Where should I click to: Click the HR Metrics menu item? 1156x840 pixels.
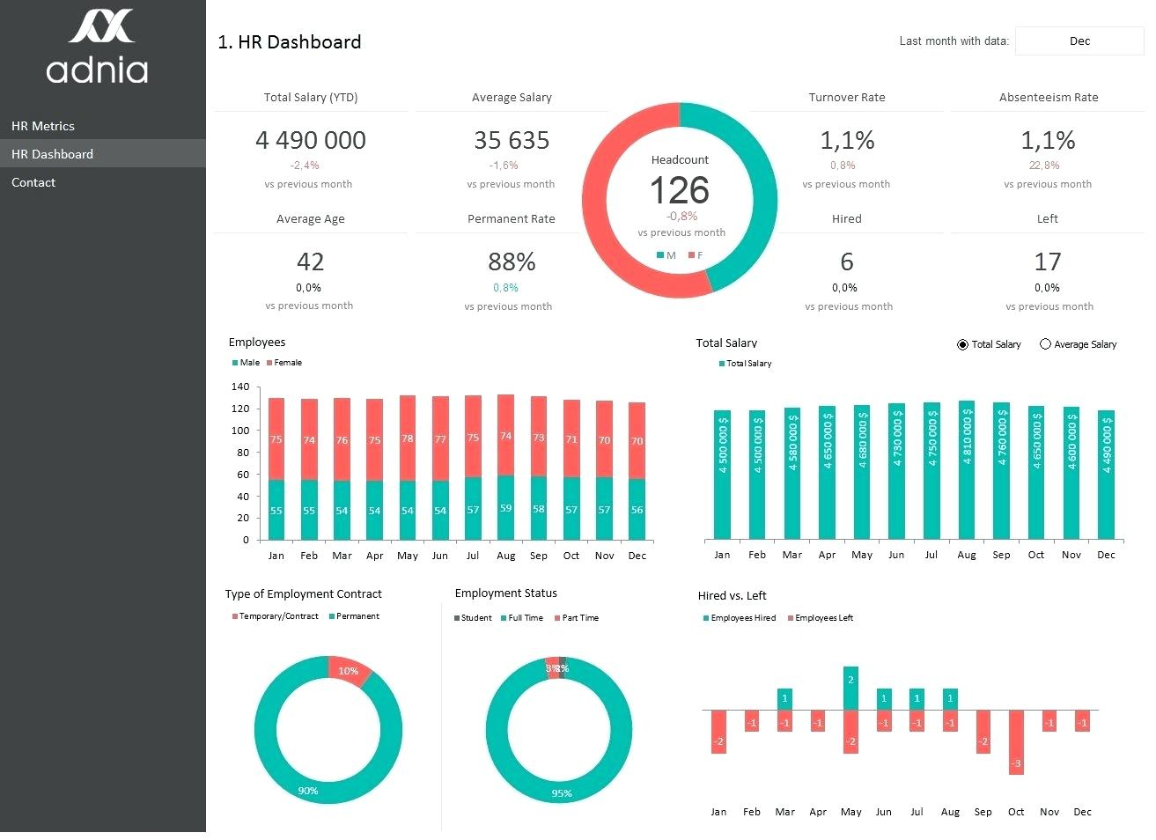coord(42,126)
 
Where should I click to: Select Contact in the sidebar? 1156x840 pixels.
coord(33,182)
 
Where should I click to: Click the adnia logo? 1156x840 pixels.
coord(98,48)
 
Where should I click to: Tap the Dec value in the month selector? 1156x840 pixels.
coord(1079,41)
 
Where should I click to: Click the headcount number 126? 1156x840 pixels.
coord(679,190)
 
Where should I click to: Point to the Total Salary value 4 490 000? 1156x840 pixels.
coord(310,140)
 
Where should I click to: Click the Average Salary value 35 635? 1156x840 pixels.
coord(512,140)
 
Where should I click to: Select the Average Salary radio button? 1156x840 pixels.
coord(1046,344)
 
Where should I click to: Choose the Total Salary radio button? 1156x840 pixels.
coord(962,344)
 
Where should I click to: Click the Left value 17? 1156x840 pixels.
coord(1047,262)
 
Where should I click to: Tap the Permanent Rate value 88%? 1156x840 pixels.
coord(512,262)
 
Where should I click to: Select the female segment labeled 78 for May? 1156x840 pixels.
coord(408,438)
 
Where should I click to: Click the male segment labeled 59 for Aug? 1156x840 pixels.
coord(505,508)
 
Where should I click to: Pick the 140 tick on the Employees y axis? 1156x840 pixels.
coord(240,387)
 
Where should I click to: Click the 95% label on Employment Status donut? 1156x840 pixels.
coord(562,793)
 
